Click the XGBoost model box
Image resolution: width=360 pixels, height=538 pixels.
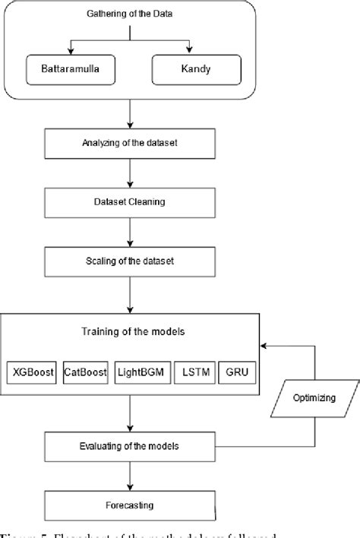pos(31,372)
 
